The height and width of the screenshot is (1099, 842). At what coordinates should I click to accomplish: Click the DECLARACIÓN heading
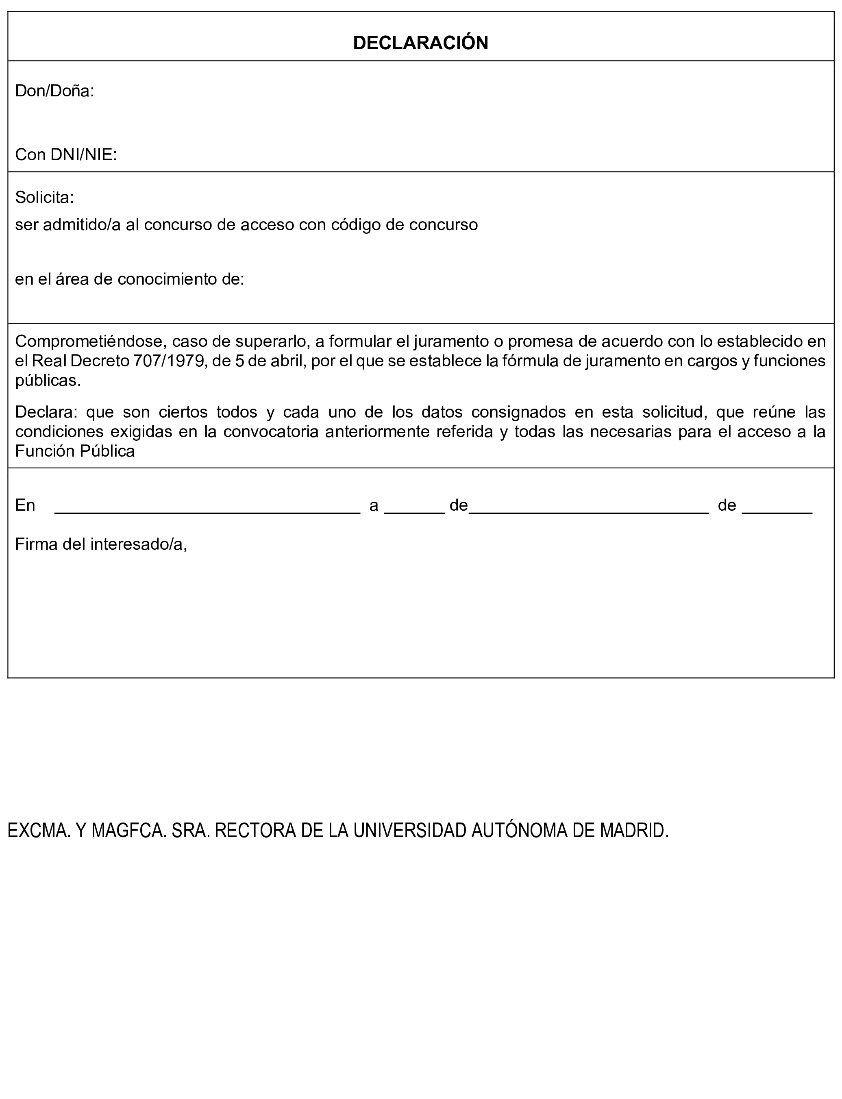click(420, 43)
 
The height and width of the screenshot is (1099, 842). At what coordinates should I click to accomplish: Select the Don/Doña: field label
click(54, 91)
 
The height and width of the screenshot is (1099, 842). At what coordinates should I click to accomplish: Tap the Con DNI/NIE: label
click(65, 155)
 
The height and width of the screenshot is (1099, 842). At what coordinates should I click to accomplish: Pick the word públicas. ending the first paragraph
click(48, 381)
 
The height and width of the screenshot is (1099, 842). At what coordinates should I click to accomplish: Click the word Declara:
click(47, 412)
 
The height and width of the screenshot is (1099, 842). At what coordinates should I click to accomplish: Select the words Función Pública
click(75, 452)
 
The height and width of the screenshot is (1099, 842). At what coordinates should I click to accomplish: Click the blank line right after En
click(207, 510)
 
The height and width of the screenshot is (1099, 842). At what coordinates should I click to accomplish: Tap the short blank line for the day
click(414, 510)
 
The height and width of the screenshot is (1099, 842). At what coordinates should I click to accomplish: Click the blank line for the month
click(588, 510)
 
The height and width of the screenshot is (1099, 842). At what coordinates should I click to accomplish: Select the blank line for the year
click(777, 510)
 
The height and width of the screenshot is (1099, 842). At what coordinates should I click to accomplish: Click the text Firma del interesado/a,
click(101, 544)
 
